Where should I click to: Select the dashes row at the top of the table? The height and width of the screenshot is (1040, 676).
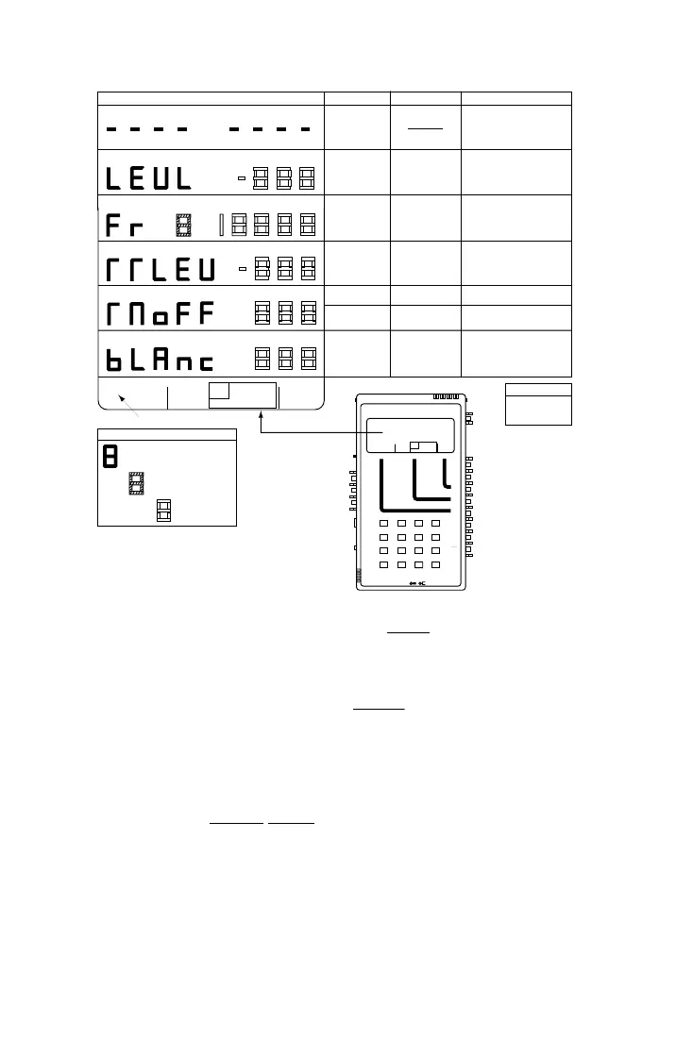click(x=207, y=129)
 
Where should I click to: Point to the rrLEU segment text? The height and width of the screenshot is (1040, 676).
click(x=161, y=269)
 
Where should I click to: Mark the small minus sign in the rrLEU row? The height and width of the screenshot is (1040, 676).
click(x=241, y=269)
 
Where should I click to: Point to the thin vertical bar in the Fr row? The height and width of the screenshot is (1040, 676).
click(x=221, y=225)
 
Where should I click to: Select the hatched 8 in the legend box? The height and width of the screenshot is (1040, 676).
click(x=136, y=484)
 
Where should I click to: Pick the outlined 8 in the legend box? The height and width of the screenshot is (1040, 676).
click(x=163, y=510)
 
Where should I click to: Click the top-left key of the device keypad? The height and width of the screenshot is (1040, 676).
click(x=384, y=524)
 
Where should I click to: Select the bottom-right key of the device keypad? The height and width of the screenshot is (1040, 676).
click(x=435, y=564)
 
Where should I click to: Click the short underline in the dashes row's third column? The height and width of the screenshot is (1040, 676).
click(x=425, y=120)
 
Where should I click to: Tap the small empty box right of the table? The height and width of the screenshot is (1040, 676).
click(x=538, y=410)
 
